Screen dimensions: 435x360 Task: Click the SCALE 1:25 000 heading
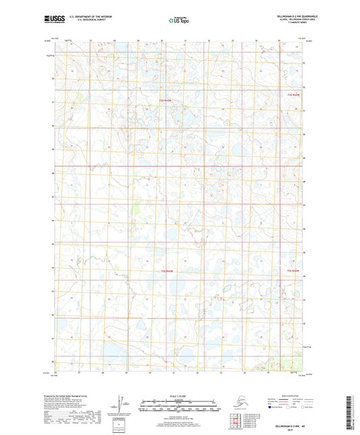[x=179, y=395]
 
